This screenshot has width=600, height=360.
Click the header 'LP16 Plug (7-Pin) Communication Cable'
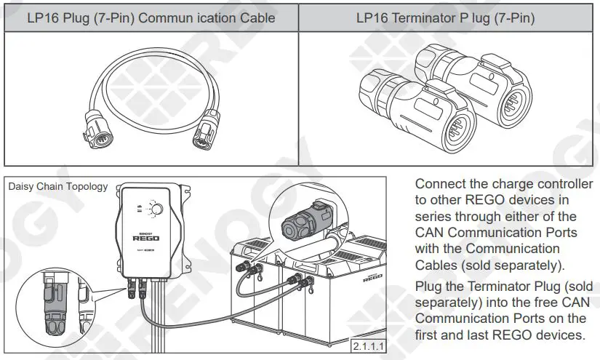click(x=151, y=18)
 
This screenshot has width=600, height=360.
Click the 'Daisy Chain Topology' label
click(x=57, y=187)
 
